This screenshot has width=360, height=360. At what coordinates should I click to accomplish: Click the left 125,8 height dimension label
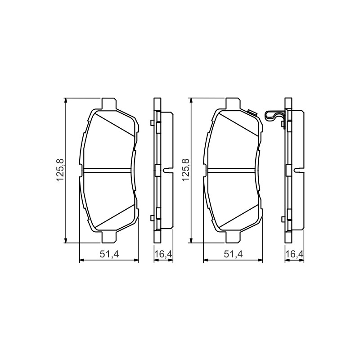point(60,171)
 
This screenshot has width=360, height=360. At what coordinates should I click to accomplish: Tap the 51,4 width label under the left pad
point(109,254)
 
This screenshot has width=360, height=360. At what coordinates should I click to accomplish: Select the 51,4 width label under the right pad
point(233,254)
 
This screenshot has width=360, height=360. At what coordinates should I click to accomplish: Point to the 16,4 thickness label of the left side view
point(163,254)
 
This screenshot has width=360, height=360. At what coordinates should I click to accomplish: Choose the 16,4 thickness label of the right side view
point(295,254)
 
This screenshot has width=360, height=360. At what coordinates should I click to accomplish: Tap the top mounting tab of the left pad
point(108,103)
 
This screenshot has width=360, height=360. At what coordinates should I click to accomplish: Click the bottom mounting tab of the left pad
point(108,237)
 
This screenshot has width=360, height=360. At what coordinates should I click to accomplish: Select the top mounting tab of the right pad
point(233,103)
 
